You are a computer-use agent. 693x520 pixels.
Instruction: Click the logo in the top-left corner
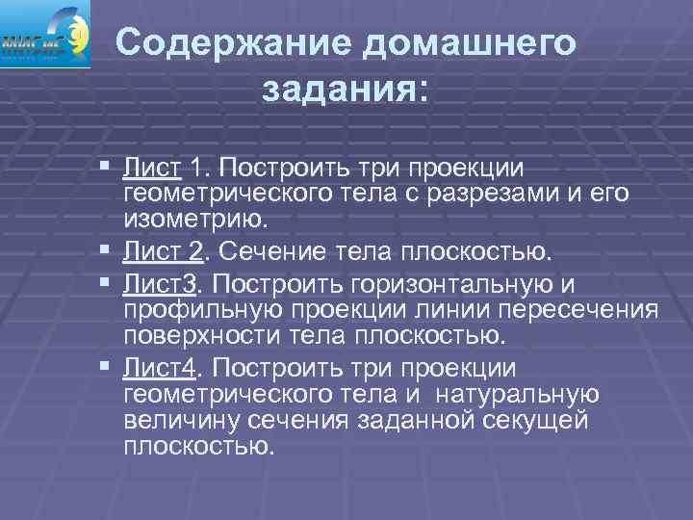(x=45, y=36)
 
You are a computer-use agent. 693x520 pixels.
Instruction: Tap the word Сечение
(x=278, y=252)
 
